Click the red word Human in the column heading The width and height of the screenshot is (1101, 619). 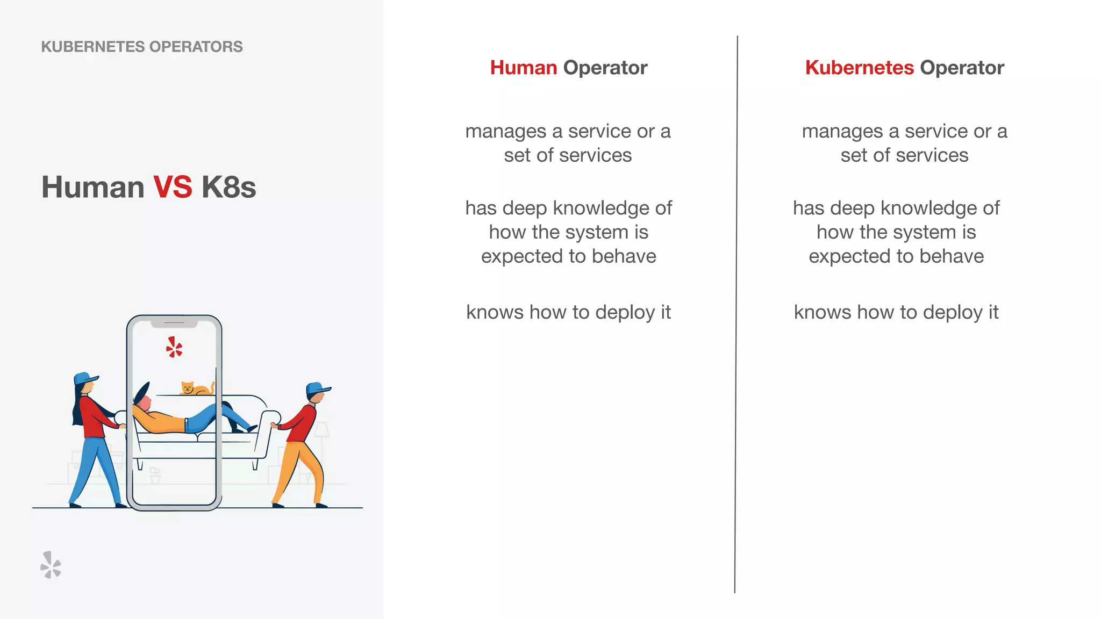tap(523, 68)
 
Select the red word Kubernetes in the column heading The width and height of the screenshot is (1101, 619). tap(859, 68)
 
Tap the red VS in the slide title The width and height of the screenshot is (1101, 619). tap(173, 187)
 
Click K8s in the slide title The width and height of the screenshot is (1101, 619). tap(228, 187)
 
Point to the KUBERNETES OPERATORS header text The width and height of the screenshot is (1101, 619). tap(142, 47)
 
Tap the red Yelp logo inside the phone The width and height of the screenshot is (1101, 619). tap(174, 348)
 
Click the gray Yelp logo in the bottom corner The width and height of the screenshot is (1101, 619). tap(51, 565)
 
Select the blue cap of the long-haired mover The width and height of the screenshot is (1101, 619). tap(85, 378)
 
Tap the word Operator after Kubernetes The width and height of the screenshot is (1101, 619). tap(962, 68)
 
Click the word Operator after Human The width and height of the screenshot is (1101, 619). tap(605, 68)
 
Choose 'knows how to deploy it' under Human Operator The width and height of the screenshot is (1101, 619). tap(568, 312)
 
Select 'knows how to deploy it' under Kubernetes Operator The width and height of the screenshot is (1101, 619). tap(896, 312)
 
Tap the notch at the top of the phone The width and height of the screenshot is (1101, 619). tap(174, 323)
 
